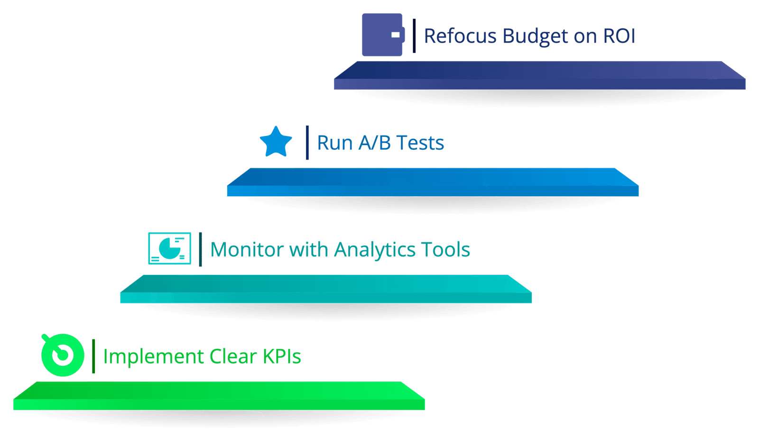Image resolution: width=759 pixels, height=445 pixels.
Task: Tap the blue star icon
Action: coord(276,142)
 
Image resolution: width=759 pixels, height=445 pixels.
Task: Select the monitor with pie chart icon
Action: coord(169,248)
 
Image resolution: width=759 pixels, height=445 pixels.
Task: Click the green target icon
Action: coord(62,355)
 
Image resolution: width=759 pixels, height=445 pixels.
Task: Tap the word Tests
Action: coord(420,142)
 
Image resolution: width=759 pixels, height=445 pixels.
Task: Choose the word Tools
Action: coord(445,249)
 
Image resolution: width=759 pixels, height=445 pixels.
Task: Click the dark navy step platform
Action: coord(539,75)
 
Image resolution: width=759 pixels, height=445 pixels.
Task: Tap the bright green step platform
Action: coord(219,396)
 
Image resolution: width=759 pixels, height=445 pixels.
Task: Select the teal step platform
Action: coord(325,289)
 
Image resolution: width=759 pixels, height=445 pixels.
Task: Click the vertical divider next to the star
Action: coord(307,142)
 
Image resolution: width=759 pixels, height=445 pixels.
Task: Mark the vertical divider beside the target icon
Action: coord(93,356)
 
